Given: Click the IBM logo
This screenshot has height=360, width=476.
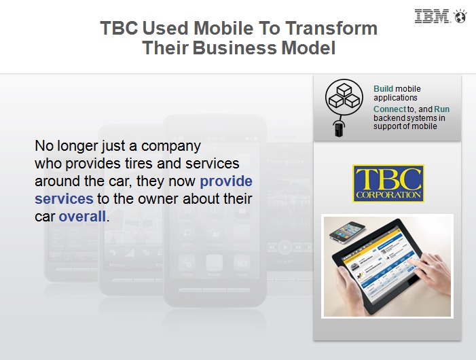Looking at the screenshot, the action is (x=431, y=16).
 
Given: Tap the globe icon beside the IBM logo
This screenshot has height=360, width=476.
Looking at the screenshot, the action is (x=460, y=16).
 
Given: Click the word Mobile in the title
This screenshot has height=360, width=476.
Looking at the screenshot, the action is (x=223, y=29).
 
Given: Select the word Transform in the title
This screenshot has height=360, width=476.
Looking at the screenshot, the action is (x=331, y=29).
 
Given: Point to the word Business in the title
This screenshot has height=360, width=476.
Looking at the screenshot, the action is (x=235, y=48).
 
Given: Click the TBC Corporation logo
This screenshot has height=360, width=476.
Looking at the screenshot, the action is (x=388, y=183).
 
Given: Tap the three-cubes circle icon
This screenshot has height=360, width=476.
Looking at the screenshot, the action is (x=344, y=97).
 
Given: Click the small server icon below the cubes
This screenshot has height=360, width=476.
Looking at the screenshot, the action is (x=339, y=128).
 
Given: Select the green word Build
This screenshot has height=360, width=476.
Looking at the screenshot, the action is (x=383, y=88).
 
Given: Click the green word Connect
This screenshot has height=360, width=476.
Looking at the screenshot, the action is (x=390, y=109).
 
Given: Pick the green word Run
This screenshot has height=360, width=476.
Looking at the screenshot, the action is (x=441, y=109).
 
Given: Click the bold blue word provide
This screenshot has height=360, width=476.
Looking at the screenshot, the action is (x=226, y=181).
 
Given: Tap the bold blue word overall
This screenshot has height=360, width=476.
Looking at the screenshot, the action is (x=82, y=217).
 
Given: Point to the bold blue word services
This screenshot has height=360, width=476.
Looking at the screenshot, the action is (x=64, y=199).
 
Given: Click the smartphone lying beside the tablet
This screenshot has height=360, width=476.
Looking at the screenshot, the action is (x=347, y=232).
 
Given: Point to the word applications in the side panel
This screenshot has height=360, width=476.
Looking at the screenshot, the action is (x=395, y=98).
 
